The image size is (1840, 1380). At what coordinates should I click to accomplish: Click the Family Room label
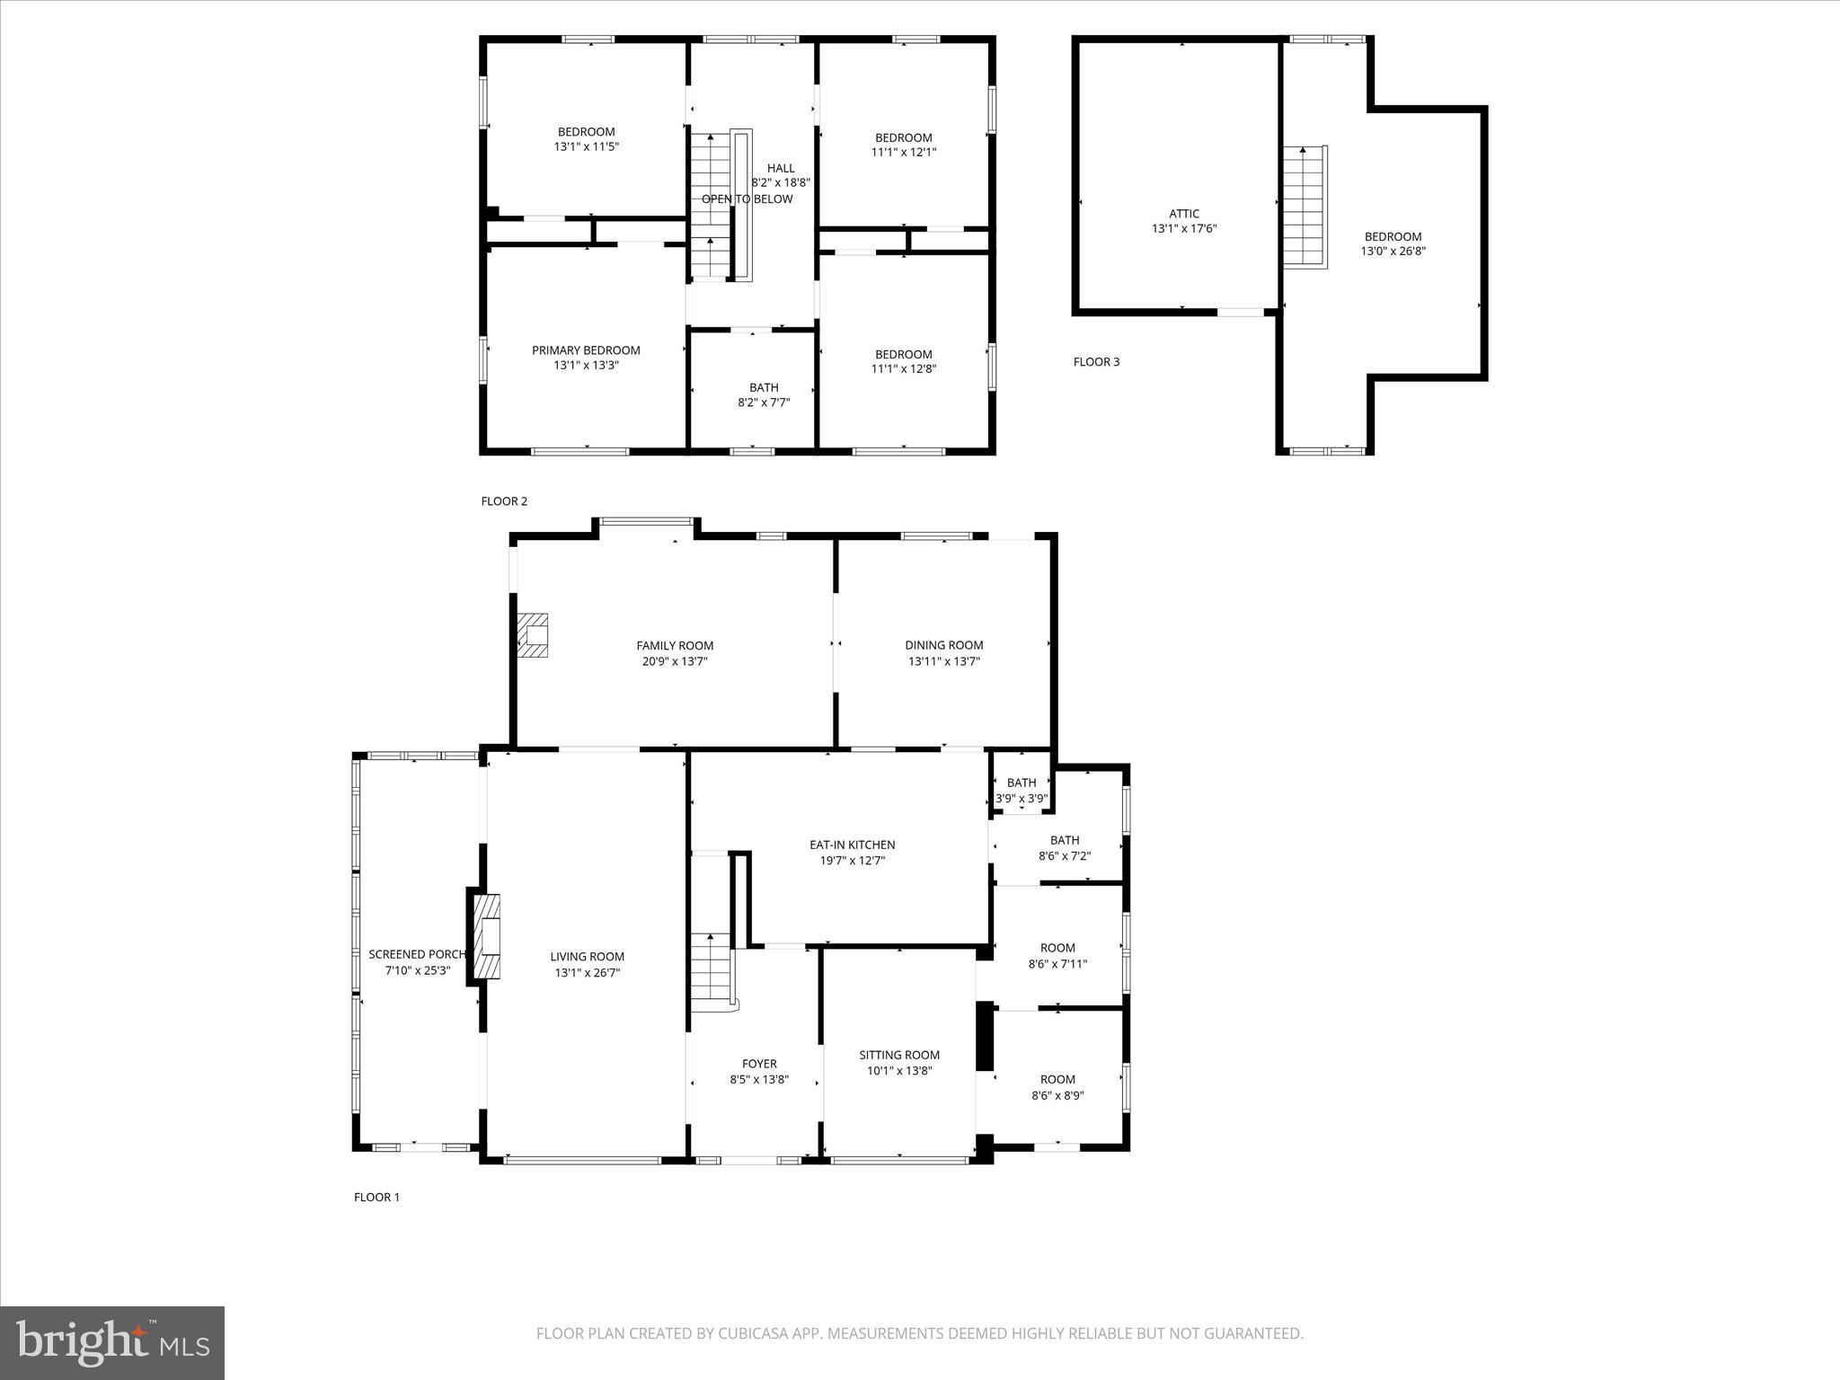pyautogui.click(x=675, y=645)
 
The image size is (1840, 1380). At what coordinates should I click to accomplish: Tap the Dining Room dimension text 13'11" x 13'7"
pyautogui.click(x=943, y=661)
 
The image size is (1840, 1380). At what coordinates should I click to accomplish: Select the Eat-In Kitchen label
pyautogui.click(x=852, y=845)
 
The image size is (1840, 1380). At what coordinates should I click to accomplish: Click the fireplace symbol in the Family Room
pyautogui.click(x=533, y=636)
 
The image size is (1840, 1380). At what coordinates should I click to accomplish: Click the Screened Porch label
pyautogui.click(x=417, y=954)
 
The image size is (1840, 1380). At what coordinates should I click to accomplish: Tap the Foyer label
pyautogui.click(x=758, y=1064)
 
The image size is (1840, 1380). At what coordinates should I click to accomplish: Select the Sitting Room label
pyautogui.click(x=898, y=1055)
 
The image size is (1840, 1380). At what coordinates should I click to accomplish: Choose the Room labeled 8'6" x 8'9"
pyautogui.click(x=1057, y=1087)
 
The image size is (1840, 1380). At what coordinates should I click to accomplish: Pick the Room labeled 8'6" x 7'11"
pyautogui.click(x=1057, y=955)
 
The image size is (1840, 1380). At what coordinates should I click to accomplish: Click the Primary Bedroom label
pyautogui.click(x=586, y=350)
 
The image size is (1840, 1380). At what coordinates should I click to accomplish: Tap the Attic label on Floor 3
pyautogui.click(x=1183, y=214)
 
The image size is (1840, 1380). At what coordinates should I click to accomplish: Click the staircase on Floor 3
pyautogui.click(x=1304, y=207)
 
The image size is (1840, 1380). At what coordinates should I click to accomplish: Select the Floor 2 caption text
pyautogui.click(x=504, y=501)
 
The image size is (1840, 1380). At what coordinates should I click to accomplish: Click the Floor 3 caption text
pyautogui.click(x=1096, y=362)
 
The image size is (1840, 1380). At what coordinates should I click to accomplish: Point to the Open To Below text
pyautogui.click(x=747, y=199)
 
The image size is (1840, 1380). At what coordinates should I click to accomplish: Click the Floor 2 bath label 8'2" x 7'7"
pyautogui.click(x=764, y=395)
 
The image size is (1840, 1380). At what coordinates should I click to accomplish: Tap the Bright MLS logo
pyautogui.click(x=112, y=1341)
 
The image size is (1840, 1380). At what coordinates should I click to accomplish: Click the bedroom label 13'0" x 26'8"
pyautogui.click(x=1393, y=244)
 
